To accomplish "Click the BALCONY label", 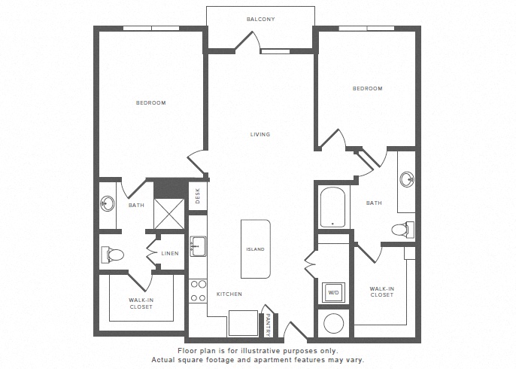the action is tap(260, 20).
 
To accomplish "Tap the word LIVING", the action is tap(260, 134).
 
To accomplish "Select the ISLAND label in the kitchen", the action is tap(256, 249).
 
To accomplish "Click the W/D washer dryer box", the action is tap(334, 292).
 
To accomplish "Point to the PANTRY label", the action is tap(268, 325).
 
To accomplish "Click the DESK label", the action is tap(197, 196).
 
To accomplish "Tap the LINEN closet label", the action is tap(170, 254).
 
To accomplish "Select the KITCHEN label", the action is tap(229, 294).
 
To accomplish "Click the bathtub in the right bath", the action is tap(332, 208).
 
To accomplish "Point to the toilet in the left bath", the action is tap(112, 255).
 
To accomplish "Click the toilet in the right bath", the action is tap(403, 229).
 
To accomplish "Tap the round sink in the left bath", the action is tap(108, 203).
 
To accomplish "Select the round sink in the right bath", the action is tap(408, 179).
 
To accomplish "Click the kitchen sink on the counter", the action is tap(198, 246).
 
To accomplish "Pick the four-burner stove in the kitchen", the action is tap(198, 291).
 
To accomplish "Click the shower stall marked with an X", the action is tap(168, 214).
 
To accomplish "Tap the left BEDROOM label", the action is tap(151, 103).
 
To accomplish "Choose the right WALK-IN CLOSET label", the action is tap(382, 292).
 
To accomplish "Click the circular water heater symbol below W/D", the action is tap(334, 323).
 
